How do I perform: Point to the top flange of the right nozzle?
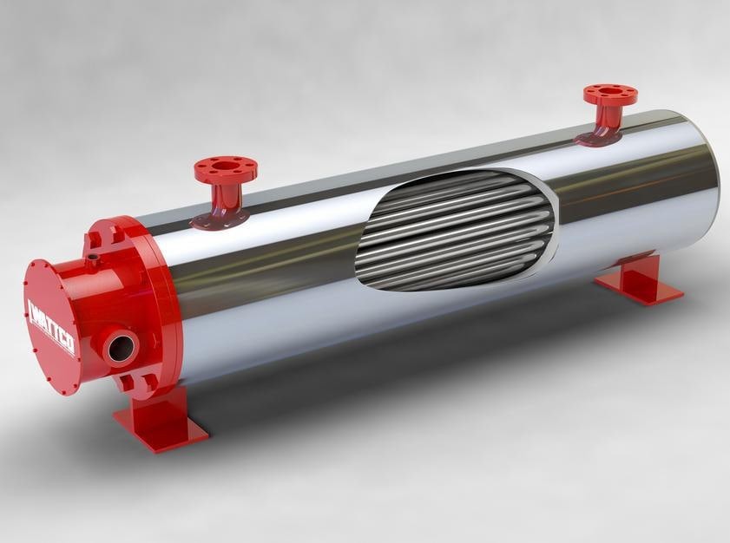pos(609,95)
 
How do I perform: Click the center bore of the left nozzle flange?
pos(226,165)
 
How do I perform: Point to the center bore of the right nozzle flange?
pos(610,93)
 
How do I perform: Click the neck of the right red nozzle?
pos(608,118)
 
